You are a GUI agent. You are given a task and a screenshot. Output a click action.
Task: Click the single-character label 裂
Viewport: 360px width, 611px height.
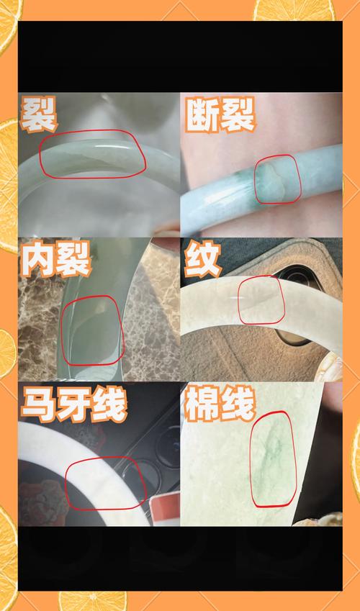(39, 114)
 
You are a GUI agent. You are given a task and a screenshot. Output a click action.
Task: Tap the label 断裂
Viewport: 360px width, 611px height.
(220, 114)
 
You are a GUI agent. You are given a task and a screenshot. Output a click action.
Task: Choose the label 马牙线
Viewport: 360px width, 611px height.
(74, 404)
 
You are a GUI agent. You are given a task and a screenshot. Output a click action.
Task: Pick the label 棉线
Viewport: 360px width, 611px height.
(220, 404)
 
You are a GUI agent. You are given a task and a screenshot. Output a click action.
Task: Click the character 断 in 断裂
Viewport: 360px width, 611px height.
(202, 114)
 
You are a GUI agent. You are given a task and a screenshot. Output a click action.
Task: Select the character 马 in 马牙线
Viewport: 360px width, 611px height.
(38, 404)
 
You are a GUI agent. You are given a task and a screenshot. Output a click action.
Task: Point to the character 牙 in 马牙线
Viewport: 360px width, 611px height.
(74, 404)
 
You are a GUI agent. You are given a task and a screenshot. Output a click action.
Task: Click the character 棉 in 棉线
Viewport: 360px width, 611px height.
(202, 404)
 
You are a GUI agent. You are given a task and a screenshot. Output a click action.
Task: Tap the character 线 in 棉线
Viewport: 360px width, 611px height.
(238, 404)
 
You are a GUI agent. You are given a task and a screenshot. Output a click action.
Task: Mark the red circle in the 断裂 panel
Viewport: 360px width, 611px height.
(255, 179)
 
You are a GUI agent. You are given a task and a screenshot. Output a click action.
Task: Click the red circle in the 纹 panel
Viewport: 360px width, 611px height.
(239, 300)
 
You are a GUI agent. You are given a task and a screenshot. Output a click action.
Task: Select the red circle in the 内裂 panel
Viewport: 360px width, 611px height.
(63, 331)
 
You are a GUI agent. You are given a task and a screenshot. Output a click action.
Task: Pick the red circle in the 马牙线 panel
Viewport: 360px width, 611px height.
(66, 483)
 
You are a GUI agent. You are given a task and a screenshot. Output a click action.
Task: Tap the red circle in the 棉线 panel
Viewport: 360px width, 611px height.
(251, 460)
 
